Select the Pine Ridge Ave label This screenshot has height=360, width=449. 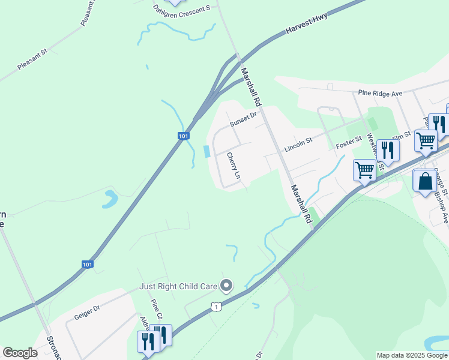pyautogui.click(x=379, y=94)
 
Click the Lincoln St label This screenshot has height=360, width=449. pyautogui.click(x=298, y=144)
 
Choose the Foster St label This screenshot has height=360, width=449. pyautogui.click(x=349, y=143)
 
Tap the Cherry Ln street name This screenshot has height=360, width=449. pyautogui.click(x=233, y=167)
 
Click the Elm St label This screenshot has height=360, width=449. pyautogui.click(x=401, y=137)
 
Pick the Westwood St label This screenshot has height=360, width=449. pyautogui.click(x=375, y=153)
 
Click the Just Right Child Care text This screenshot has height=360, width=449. pyautogui.click(x=178, y=286)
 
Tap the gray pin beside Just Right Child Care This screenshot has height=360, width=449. pyautogui.click(x=226, y=286)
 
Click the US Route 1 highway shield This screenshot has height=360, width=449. pyautogui.click(x=214, y=307)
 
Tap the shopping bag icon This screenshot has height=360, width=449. pyautogui.click(x=424, y=181)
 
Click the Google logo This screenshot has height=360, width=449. pyautogui.click(x=20, y=353)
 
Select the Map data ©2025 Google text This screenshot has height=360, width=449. pyautogui.click(x=412, y=355)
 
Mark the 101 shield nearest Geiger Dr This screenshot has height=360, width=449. pyautogui.click(x=87, y=264)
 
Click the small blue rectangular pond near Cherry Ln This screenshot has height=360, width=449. pyautogui.click(x=208, y=151)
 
